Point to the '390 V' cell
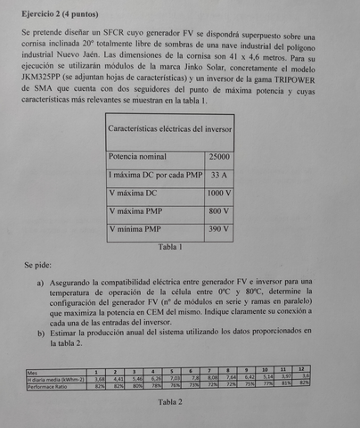point(218,230)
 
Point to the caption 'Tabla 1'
point(168,247)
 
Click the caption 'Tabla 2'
point(168,402)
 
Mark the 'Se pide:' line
point(40,266)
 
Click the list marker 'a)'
point(41,283)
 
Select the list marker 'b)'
point(41,333)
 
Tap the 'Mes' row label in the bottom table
point(33,372)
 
